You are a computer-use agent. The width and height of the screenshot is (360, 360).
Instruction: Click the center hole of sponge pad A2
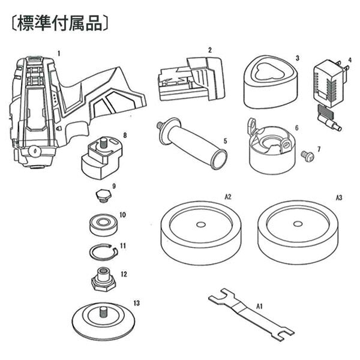[x=200, y=225]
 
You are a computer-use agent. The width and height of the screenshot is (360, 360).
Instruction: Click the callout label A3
[x=339, y=196]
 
